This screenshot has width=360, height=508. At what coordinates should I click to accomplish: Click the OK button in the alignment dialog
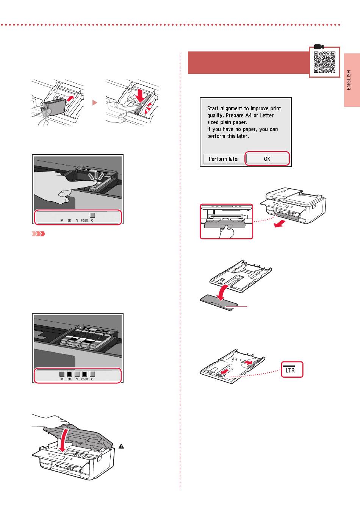(267, 159)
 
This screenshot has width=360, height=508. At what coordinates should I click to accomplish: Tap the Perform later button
(224, 159)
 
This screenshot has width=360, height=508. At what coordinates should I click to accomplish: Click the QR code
(324, 62)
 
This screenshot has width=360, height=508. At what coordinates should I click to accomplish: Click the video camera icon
(318, 46)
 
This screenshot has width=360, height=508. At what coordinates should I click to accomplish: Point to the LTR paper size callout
(292, 369)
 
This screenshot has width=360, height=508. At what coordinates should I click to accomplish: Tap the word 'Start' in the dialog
(214, 108)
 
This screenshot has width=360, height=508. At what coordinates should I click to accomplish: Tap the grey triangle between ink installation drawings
(95, 103)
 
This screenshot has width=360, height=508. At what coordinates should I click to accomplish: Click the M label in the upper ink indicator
(62, 220)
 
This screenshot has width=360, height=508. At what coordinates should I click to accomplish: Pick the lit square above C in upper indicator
(92, 215)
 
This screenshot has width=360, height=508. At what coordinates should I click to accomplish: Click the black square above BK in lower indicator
(69, 374)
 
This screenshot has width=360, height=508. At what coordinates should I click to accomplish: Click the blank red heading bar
(248, 63)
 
